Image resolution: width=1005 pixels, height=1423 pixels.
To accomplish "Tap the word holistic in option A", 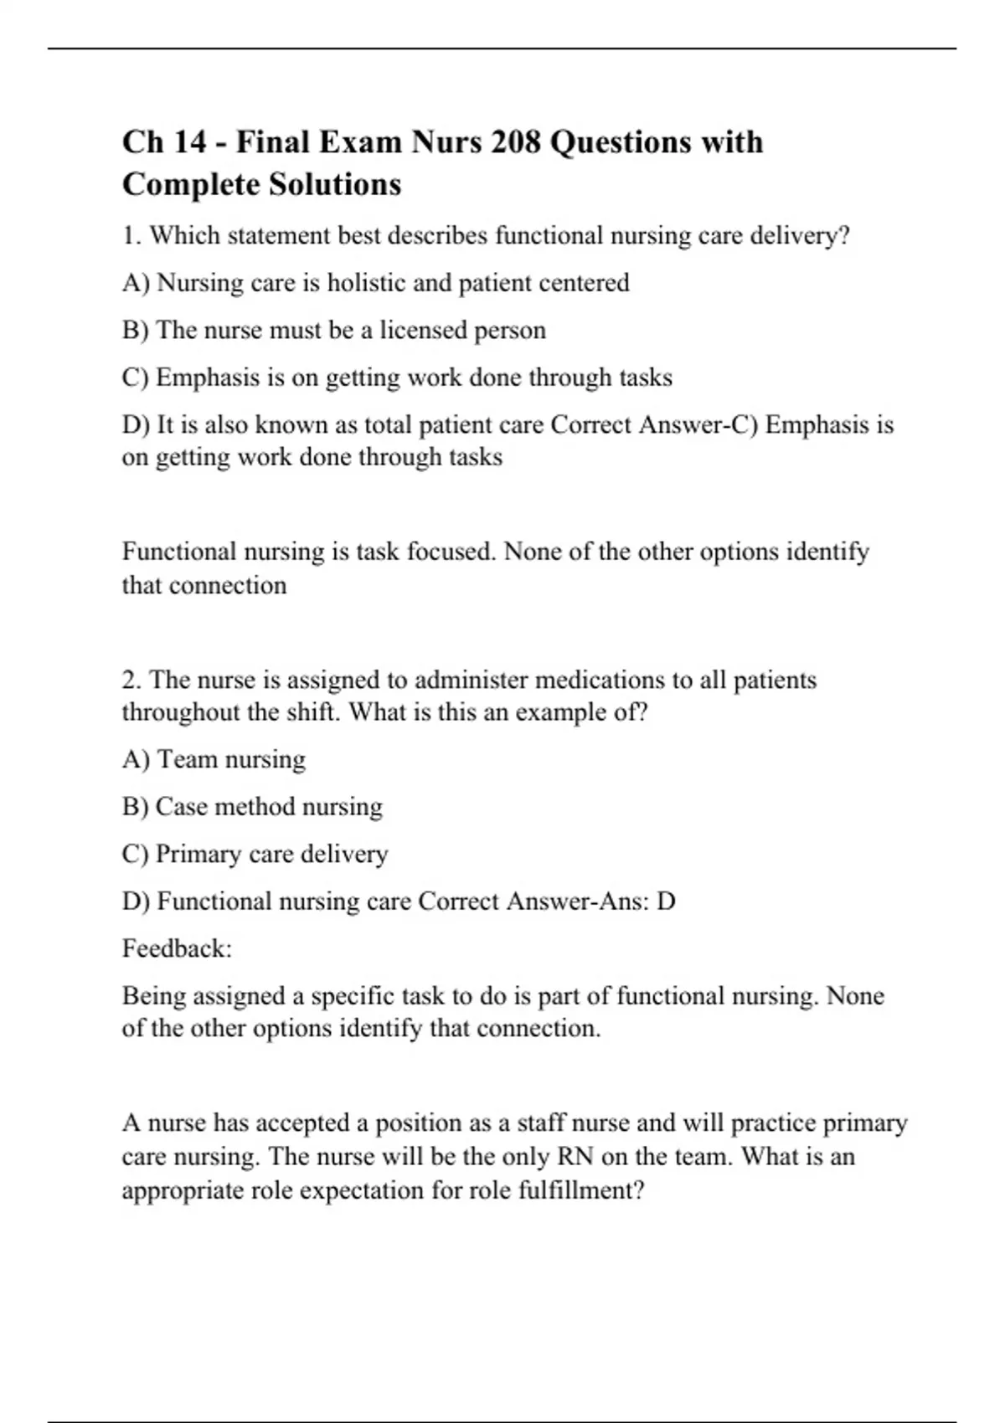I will tap(366, 283).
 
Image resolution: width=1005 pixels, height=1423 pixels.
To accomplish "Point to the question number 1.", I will tap(131, 236).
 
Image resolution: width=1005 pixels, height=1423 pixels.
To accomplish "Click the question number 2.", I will tap(131, 680).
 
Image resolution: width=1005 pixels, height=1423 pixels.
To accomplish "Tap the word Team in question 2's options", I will tap(187, 759).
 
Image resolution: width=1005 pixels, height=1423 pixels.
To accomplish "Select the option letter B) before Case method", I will tap(135, 807).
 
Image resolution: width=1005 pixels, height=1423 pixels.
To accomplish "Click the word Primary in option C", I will tap(197, 854).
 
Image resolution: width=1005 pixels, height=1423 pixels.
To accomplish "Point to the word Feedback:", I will tap(177, 948).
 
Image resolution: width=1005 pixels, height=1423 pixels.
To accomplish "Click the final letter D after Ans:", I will tap(666, 902).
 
